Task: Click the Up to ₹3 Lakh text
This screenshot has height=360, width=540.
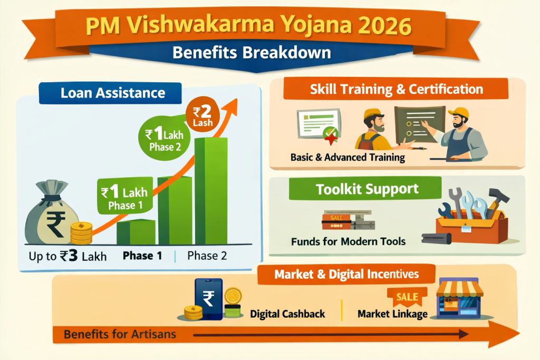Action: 68,257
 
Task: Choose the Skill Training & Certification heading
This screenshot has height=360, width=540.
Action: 396,89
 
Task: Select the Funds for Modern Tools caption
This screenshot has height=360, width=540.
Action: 348,241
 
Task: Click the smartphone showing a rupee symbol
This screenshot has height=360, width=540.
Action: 208,298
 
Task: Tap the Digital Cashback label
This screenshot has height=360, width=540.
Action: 287,314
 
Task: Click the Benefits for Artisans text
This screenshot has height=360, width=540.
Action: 120,334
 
